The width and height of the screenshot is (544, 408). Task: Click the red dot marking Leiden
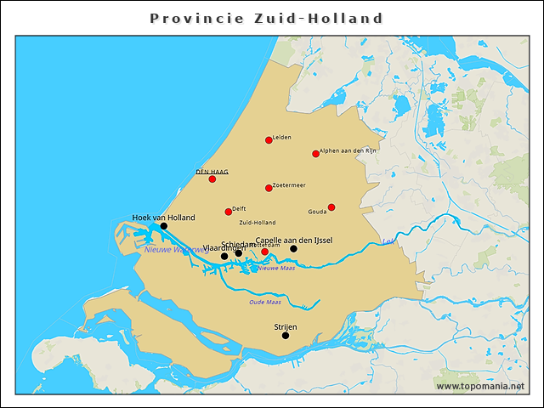pyautogui.click(x=269, y=140)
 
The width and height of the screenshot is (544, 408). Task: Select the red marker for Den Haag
pyautogui.click(x=212, y=178)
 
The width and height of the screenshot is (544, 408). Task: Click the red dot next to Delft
pyautogui.click(x=228, y=212)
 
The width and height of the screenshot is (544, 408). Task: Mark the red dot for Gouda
pyautogui.click(x=331, y=207)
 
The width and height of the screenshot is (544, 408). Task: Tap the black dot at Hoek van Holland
pyautogui.click(x=164, y=226)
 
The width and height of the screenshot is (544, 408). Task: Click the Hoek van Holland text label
pyautogui.click(x=163, y=218)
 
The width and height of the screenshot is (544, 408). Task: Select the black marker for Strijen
pyautogui.click(x=286, y=335)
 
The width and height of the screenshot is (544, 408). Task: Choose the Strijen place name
pyautogui.click(x=286, y=326)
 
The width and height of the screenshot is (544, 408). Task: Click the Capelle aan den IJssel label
pyautogui.click(x=293, y=241)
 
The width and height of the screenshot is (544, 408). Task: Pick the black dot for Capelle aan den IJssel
pyautogui.click(x=293, y=249)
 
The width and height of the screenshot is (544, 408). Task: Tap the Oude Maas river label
pyautogui.click(x=265, y=302)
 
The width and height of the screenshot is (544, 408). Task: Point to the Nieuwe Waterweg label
pyautogui.click(x=177, y=250)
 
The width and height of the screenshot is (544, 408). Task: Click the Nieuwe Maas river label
pyautogui.click(x=277, y=268)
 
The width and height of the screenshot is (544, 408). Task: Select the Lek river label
pyautogui.click(x=388, y=241)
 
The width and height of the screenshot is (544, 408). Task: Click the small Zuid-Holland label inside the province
pyautogui.click(x=258, y=223)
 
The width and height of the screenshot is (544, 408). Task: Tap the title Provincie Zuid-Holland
pyautogui.click(x=266, y=18)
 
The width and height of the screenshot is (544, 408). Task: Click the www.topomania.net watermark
pyautogui.click(x=480, y=386)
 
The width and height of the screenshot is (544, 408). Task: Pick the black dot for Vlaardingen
pyautogui.click(x=224, y=256)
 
